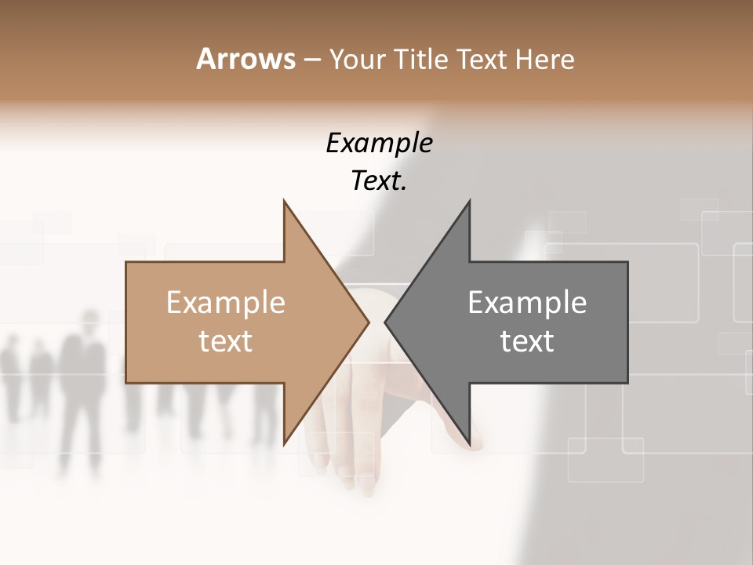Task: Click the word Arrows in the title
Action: point(246,59)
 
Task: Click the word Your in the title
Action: point(355,60)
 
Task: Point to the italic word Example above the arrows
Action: point(379,143)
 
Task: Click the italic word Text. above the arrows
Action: point(379,181)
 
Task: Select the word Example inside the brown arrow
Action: point(226,303)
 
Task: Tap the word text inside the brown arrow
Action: point(226,341)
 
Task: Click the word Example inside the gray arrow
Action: point(527,303)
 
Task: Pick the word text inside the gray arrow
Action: point(527,341)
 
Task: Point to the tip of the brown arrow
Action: point(369,322)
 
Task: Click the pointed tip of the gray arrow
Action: point(385,322)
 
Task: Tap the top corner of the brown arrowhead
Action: point(284,201)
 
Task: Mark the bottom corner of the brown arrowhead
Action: point(284,444)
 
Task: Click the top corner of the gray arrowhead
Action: point(469,201)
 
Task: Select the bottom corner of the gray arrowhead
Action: point(469,444)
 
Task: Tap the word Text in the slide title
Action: point(482,60)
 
